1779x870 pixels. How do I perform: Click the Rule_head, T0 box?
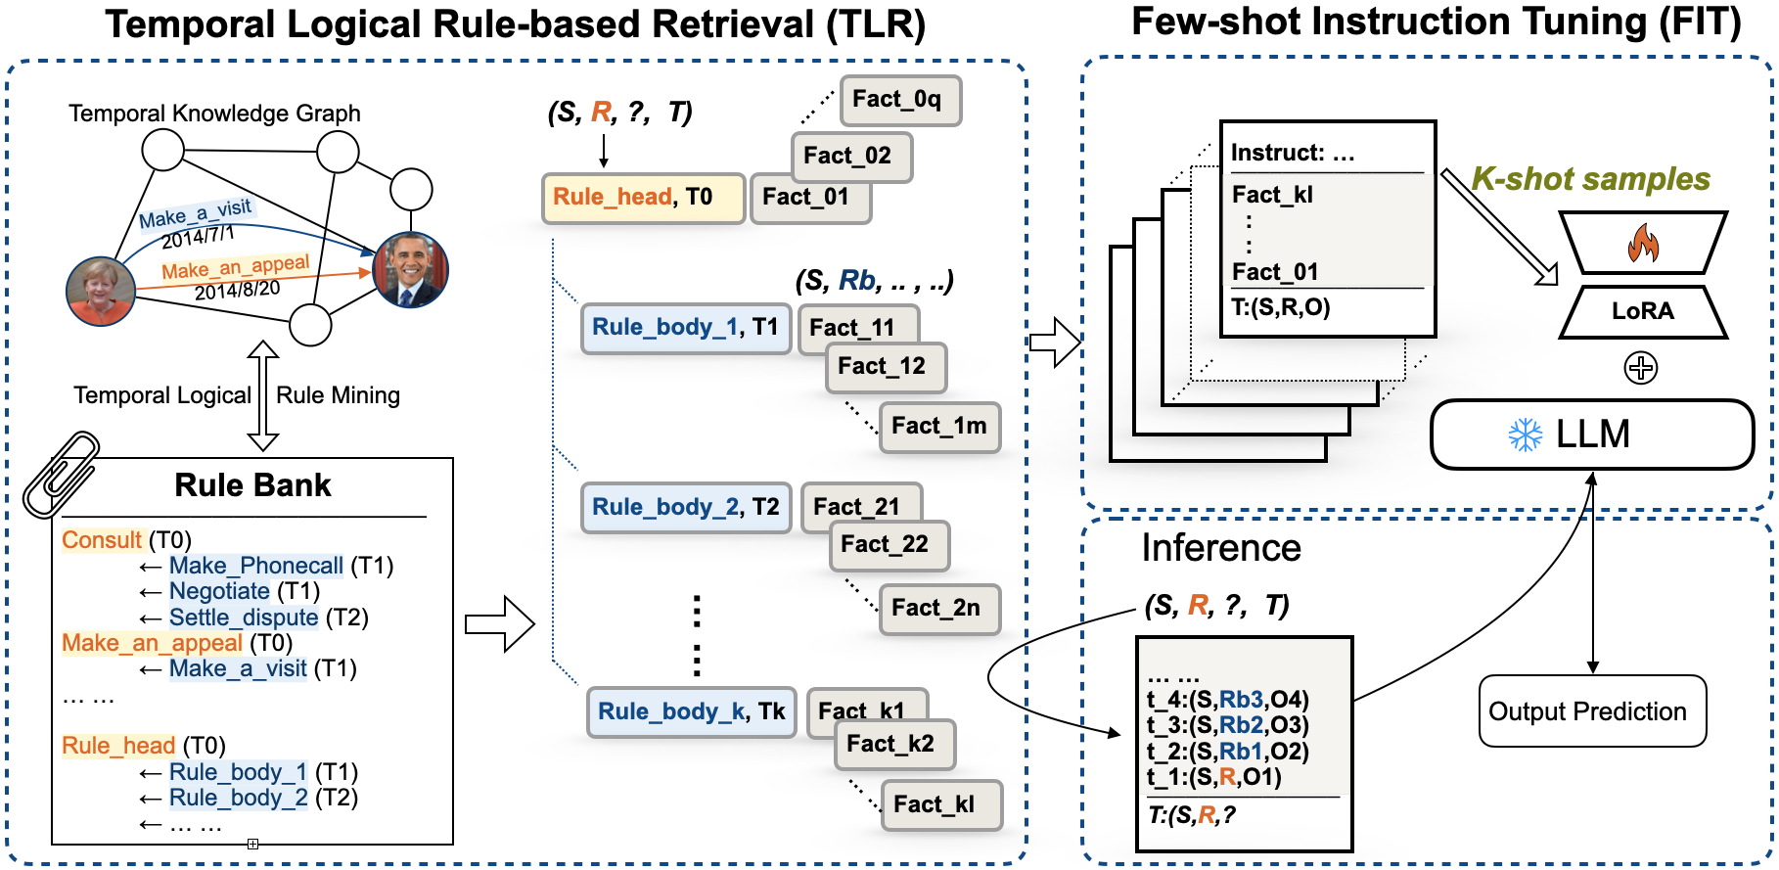643,198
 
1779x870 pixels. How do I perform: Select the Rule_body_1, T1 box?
685,328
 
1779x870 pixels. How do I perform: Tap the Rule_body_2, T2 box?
685,507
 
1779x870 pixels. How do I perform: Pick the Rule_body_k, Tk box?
691,711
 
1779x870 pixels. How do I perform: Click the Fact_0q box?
899,100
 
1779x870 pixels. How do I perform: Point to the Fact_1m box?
939,427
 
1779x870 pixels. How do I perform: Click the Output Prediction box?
1592,711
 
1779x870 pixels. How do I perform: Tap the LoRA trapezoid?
1643,311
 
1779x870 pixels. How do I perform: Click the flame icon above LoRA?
1643,244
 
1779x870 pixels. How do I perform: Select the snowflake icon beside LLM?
1525,435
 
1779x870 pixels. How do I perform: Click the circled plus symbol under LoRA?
1641,368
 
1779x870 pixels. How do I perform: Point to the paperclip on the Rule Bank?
61,474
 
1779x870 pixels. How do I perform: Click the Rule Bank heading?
252,485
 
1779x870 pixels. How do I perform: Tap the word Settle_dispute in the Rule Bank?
244,618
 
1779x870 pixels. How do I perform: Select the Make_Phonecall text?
255,566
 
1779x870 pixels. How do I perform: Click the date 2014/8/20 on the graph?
237,291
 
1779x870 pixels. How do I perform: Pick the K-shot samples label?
1590,179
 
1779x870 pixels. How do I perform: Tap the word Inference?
1221,548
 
